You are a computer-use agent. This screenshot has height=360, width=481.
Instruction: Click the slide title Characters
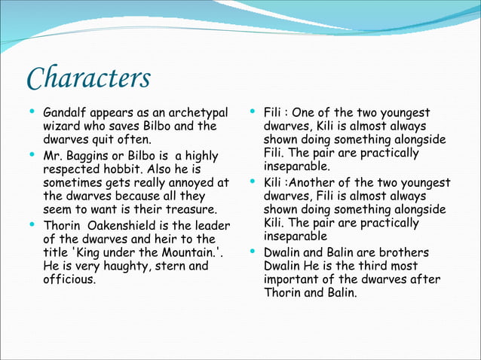(x=88, y=78)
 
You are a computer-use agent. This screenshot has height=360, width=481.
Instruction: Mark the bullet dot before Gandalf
(x=31, y=112)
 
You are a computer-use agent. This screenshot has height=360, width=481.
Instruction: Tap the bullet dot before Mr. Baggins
(x=31, y=155)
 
